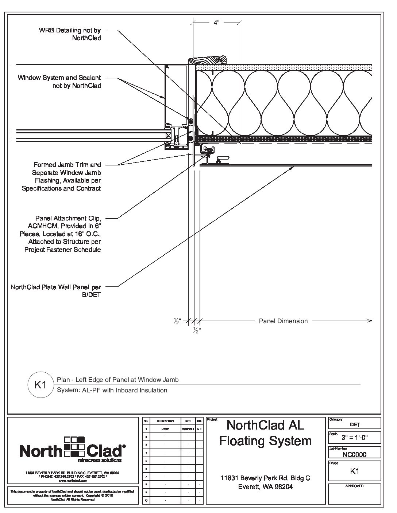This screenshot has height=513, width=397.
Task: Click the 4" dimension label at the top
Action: coord(216,23)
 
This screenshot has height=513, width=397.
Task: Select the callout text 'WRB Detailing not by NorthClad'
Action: coord(70,34)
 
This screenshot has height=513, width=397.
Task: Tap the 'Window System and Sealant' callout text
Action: coord(59,82)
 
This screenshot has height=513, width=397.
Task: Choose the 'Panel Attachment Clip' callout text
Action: coord(61,234)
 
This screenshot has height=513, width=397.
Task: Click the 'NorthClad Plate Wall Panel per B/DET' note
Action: coord(56,291)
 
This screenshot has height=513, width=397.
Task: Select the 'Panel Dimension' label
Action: coord(283,321)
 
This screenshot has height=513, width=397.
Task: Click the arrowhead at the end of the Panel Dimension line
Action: coord(370,321)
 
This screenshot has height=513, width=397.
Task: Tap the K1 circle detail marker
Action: coord(40,384)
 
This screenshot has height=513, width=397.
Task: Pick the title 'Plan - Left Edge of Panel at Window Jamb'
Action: coord(118,380)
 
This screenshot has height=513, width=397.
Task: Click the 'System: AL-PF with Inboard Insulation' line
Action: coord(112,390)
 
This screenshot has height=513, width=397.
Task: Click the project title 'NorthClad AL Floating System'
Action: coord(265,432)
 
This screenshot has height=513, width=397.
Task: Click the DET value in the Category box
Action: coord(355,424)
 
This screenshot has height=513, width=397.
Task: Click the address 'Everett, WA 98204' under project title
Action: coord(265,487)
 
